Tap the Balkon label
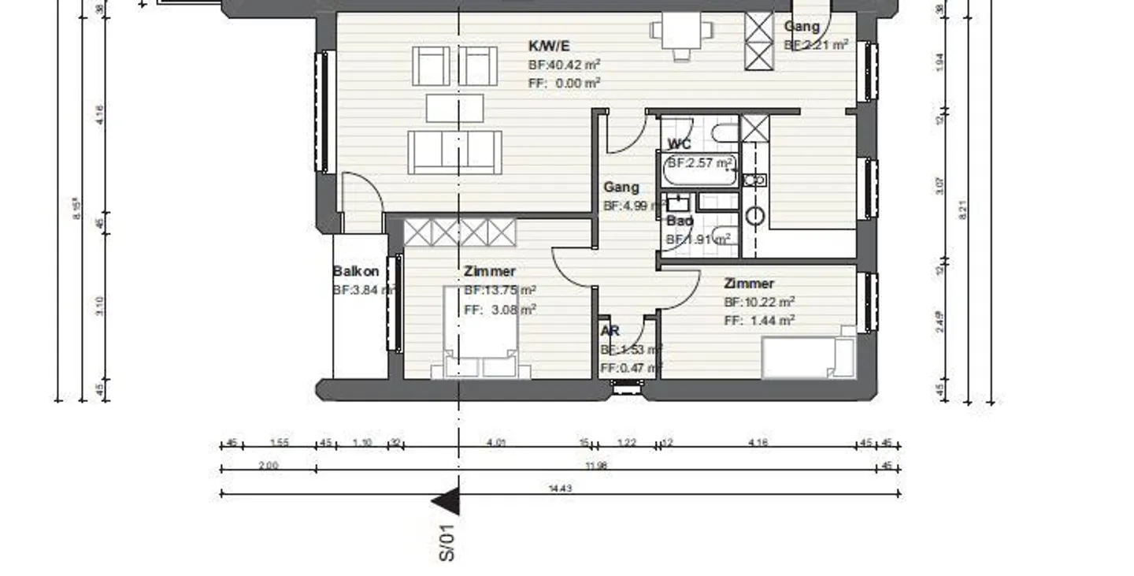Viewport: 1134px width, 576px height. pos(355,271)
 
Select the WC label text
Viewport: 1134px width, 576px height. pos(679,144)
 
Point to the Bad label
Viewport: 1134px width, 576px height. pos(679,221)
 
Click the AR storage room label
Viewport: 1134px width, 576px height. pos(610,331)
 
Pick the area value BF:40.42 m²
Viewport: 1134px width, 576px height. pos(565,65)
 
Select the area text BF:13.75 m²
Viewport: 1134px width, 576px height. pos(500,290)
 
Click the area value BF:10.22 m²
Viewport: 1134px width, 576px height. pos(759,302)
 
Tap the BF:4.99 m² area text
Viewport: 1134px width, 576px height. pos(632,206)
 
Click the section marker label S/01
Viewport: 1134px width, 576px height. pos(447,544)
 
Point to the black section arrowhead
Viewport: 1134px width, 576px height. pos(447,502)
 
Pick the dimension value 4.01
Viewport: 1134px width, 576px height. pos(496,443)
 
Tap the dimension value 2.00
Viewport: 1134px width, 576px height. pos(268,466)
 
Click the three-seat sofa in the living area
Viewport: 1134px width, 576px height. pos(454,152)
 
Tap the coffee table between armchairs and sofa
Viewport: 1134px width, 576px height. pos(454,108)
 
